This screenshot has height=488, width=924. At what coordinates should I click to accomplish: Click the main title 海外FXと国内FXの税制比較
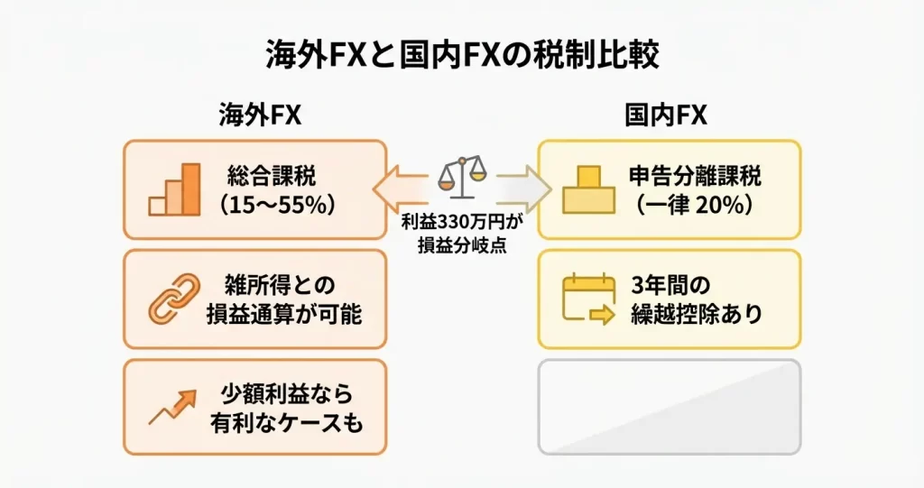click(462, 56)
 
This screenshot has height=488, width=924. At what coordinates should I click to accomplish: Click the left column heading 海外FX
click(259, 115)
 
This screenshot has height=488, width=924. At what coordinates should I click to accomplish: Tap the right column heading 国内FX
click(666, 115)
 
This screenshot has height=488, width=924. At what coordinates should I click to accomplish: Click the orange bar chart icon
click(175, 190)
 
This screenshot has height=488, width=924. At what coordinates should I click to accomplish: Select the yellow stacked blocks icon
click(587, 189)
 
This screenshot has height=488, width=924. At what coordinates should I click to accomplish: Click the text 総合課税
click(272, 174)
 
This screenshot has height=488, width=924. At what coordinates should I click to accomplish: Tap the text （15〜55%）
click(272, 204)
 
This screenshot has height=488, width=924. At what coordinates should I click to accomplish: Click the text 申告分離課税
click(693, 174)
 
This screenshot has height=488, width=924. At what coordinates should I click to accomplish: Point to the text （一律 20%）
click(693, 204)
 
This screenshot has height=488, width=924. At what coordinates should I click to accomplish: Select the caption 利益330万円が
click(461, 221)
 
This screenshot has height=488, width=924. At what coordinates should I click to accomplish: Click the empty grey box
click(669, 407)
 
